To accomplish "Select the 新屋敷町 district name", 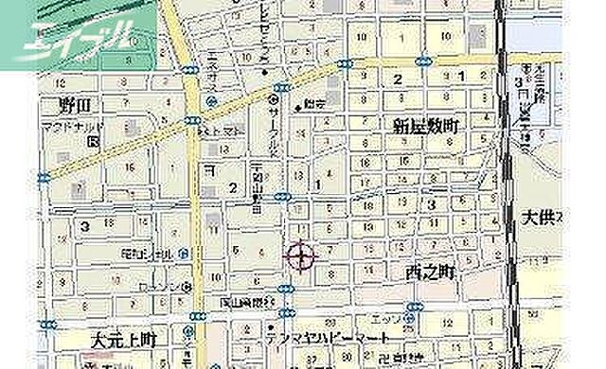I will (x=419, y=126).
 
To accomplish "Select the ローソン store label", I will (x=158, y=286).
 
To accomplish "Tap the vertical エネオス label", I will (x=187, y=71).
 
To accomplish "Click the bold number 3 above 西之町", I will (x=431, y=203).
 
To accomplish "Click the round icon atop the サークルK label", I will (x=274, y=97).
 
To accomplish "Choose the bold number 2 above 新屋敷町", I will (x=399, y=79).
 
